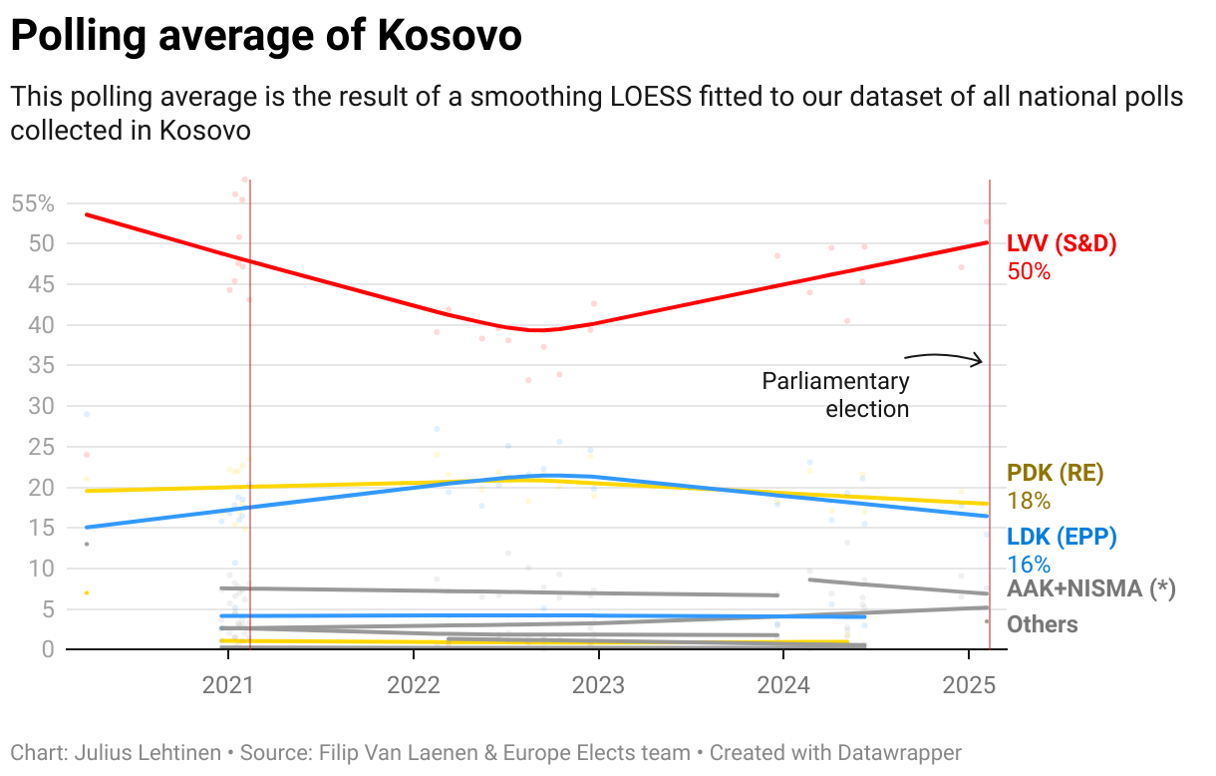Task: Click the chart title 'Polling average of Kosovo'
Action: pyautogui.click(x=266, y=37)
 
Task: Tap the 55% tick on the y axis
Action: pyautogui.click(x=32, y=203)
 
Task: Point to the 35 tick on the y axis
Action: pyautogui.click(x=40, y=365)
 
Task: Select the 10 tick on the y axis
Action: pyautogui.click(x=40, y=569)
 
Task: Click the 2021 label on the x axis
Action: pyautogui.click(x=228, y=685)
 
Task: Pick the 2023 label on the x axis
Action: pyautogui.click(x=598, y=685)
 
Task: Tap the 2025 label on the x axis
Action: pyautogui.click(x=968, y=685)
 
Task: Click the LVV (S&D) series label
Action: pyautogui.click(x=1062, y=243)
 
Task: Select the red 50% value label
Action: pyautogui.click(x=1029, y=270)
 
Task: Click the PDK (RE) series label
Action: pyautogui.click(x=1056, y=473)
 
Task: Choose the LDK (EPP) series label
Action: pyautogui.click(x=1062, y=537)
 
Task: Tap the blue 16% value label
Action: pyautogui.click(x=1029, y=564)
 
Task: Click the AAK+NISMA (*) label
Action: pyautogui.click(x=1091, y=588)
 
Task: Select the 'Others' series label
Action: pyautogui.click(x=1043, y=624)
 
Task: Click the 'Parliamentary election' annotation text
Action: pyautogui.click(x=836, y=394)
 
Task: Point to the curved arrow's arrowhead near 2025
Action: pyautogui.click(x=981, y=361)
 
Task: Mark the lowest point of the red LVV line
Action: pyautogui.click(x=538, y=330)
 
